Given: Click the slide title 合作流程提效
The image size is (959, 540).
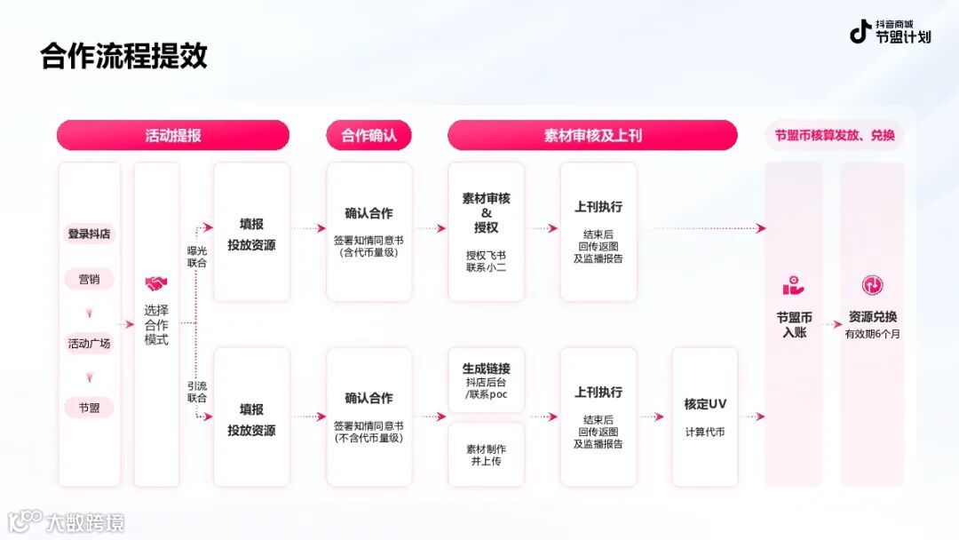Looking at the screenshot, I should point(123,56).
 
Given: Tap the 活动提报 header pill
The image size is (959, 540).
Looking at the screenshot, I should point(173,136).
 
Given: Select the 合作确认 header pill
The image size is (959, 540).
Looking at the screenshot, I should point(369,136).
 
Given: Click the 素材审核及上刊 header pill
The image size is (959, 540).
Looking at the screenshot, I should point(592,136).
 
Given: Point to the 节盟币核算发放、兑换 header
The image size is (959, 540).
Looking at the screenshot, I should point(835,136).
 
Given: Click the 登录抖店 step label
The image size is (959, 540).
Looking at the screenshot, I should point(90,234).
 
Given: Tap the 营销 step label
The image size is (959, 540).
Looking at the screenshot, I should point(90,279).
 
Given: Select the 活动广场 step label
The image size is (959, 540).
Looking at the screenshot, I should point(90,343).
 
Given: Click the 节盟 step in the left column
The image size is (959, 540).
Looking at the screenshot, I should point(90,408).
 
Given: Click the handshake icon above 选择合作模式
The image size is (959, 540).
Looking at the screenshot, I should point(156,284).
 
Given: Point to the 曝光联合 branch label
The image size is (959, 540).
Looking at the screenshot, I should point(197,257).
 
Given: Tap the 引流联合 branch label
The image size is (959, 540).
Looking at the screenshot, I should point(197,392).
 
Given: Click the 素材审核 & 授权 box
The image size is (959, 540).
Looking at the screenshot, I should point(486,231).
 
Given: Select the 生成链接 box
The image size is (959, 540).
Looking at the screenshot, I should point(486,380).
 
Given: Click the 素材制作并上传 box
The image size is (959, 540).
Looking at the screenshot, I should point(486,455).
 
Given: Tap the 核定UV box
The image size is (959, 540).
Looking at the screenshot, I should point(705,417).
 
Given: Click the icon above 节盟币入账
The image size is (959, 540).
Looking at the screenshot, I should point(793,286).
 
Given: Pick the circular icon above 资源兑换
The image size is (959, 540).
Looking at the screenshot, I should point(872,285).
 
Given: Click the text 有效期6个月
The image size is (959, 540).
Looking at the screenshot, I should point(872,334).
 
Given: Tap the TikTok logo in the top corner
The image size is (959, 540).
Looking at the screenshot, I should point(860,32).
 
